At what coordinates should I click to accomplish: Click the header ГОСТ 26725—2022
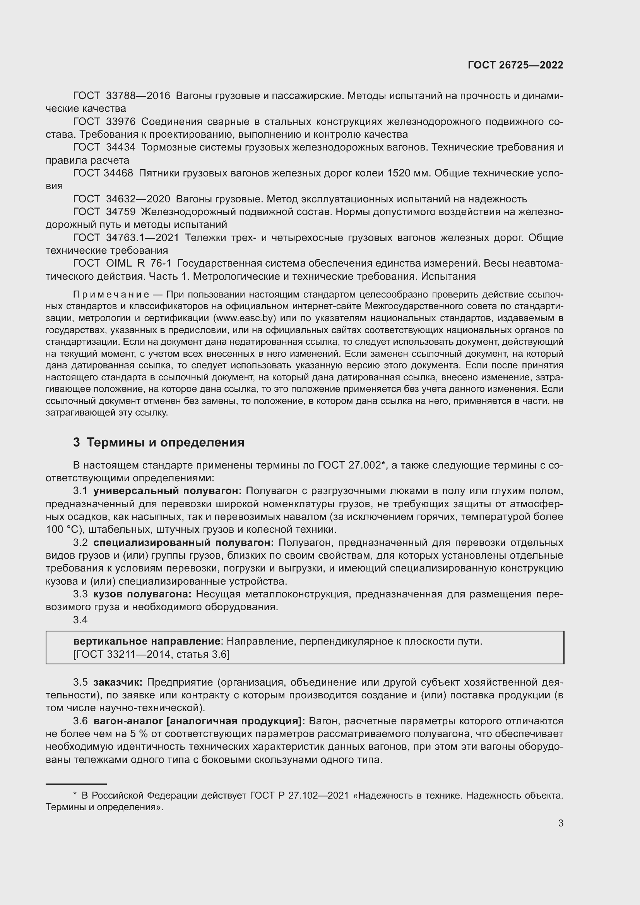515,65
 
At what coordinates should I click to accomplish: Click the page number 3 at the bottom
560,823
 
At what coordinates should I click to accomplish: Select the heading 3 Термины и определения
158,443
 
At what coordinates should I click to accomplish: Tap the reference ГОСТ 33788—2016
121,96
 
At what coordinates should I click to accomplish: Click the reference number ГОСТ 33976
104,122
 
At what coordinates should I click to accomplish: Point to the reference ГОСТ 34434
104,147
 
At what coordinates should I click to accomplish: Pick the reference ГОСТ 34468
103,173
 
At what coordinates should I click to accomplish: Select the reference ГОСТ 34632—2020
121,199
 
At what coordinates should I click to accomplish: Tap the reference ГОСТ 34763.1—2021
126,238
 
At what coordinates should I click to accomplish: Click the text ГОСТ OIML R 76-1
122,263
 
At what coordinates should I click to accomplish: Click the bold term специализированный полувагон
183,543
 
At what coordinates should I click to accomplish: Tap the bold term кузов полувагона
142,594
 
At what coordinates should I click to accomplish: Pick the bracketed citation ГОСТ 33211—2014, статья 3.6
151,654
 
